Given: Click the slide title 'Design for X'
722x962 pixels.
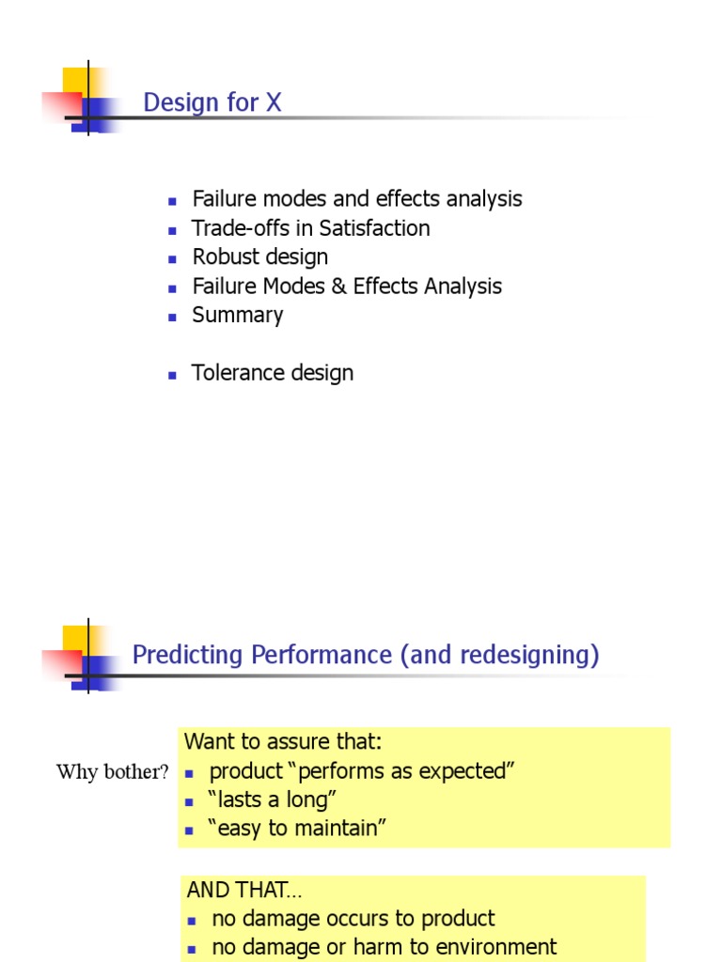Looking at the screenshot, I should point(212,102).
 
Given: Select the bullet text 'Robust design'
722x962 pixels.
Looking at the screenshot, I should point(259,257).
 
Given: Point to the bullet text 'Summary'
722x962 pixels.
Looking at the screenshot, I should point(237,316).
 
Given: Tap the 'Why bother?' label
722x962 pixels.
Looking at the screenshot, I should point(113,772).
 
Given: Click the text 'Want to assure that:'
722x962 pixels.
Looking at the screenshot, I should point(283,742).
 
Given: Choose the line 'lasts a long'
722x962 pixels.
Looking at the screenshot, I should point(273,800).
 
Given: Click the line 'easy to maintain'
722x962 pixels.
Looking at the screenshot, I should point(297,829).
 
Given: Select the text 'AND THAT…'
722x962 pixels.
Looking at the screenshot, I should point(244,890).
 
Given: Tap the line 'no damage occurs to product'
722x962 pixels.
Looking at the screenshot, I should point(353,919).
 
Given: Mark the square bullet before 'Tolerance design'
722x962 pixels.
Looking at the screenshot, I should point(173,375).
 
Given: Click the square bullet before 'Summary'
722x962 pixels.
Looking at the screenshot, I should point(173,318).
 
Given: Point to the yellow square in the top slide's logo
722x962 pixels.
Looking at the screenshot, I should point(75,80).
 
